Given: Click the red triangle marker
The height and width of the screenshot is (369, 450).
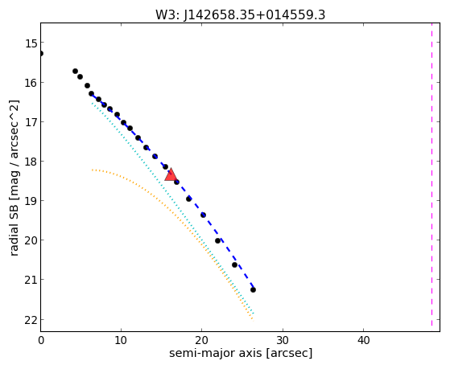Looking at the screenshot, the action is click(171, 175).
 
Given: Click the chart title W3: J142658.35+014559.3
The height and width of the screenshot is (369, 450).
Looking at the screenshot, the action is click(241, 15).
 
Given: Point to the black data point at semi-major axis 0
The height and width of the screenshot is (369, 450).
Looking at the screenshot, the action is click(41, 54).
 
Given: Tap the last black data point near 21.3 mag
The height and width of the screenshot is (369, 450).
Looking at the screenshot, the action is click(253, 290).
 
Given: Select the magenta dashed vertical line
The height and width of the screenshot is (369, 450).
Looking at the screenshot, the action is click(431, 174).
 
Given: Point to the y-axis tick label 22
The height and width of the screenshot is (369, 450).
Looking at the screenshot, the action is click(31, 321).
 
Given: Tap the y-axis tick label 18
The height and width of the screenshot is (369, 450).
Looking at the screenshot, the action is click(31, 162).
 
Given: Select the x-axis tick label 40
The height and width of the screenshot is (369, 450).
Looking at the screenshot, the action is click(363, 340).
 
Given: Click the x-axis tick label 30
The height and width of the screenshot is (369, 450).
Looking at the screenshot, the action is click(283, 340).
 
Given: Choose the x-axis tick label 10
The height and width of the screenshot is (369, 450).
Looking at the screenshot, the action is click(121, 340).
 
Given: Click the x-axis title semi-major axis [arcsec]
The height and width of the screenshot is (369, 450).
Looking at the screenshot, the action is click(241, 353).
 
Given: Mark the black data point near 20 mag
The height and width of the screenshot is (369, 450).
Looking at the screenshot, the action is click(218, 241).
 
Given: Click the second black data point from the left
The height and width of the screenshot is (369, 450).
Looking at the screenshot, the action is click(75, 71).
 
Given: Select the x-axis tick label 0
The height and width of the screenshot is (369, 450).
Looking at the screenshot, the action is click(41, 340).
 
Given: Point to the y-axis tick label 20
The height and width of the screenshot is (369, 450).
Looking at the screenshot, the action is click(31, 240).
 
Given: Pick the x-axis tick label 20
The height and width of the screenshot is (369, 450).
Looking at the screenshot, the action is click(202, 340).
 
